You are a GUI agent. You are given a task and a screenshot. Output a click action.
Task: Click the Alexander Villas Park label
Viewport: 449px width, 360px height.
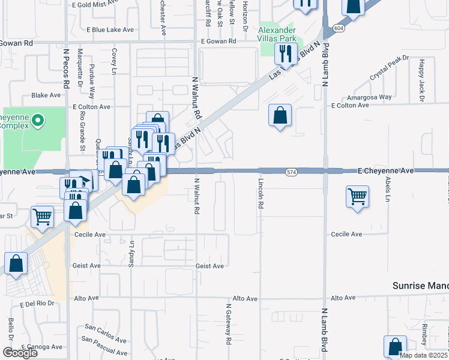pyautogui.click(x=277, y=35)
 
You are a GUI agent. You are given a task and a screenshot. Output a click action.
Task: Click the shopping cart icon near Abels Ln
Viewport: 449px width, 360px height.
pyautogui.click(x=357, y=196)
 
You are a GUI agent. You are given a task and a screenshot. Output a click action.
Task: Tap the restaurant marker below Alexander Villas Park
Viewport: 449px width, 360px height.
pyautogui.click(x=285, y=55)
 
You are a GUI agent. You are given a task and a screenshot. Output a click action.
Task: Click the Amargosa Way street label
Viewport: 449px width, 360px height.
pyautogui.click(x=372, y=97)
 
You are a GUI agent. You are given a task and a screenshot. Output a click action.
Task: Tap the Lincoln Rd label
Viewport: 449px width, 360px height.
pyautogui.click(x=261, y=193)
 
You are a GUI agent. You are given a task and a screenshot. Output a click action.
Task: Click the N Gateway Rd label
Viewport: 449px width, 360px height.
pyautogui.click(x=229, y=324)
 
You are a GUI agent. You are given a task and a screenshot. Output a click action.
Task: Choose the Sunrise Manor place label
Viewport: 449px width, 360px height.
pyautogui.click(x=420, y=286)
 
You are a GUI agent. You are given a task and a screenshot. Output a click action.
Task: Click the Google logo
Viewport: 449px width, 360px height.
pyautogui.click(x=20, y=352)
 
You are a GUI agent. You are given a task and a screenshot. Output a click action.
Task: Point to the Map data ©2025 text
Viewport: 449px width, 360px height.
pyautogui.click(x=423, y=355)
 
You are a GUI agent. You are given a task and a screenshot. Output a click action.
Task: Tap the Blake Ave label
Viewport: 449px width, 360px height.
pyautogui.click(x=46, y=95)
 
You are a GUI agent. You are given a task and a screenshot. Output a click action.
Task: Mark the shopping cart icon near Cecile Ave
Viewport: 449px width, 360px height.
pyautogui.click(x=43, y=217)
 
